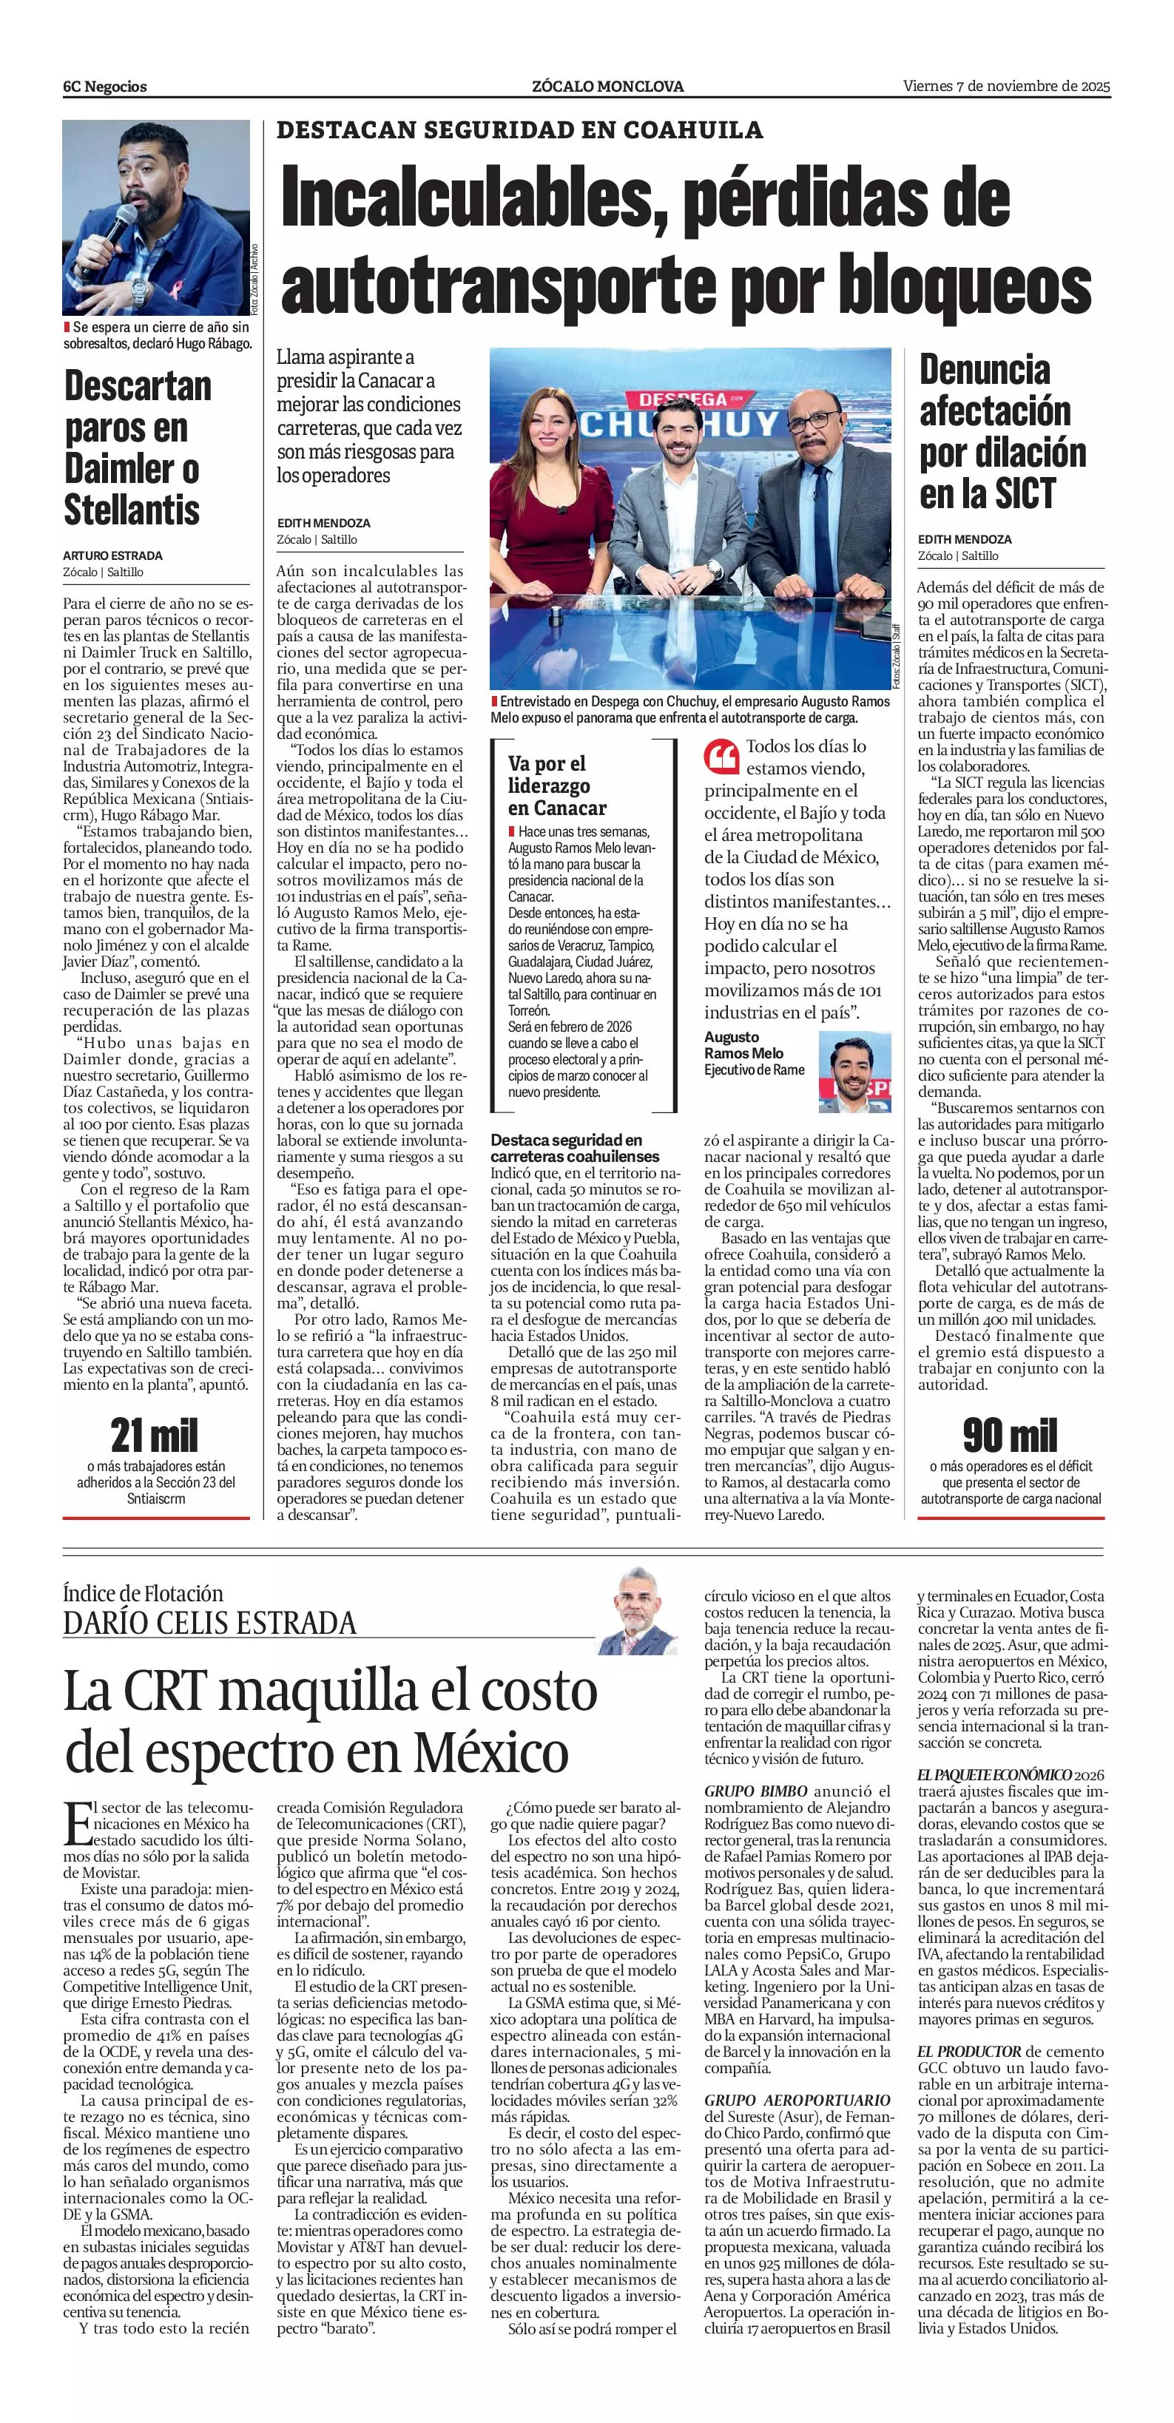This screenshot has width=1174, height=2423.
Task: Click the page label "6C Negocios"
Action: click(x=105, y=87)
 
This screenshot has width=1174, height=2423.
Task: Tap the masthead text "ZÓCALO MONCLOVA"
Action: click(x=607, y=87)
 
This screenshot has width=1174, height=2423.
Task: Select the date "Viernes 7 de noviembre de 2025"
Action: click(x=1005, y=86)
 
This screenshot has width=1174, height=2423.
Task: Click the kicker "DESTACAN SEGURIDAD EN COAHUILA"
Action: click(x=519, y=130)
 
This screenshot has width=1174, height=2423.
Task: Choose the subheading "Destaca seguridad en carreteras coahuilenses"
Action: click(x=575, y=1148)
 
